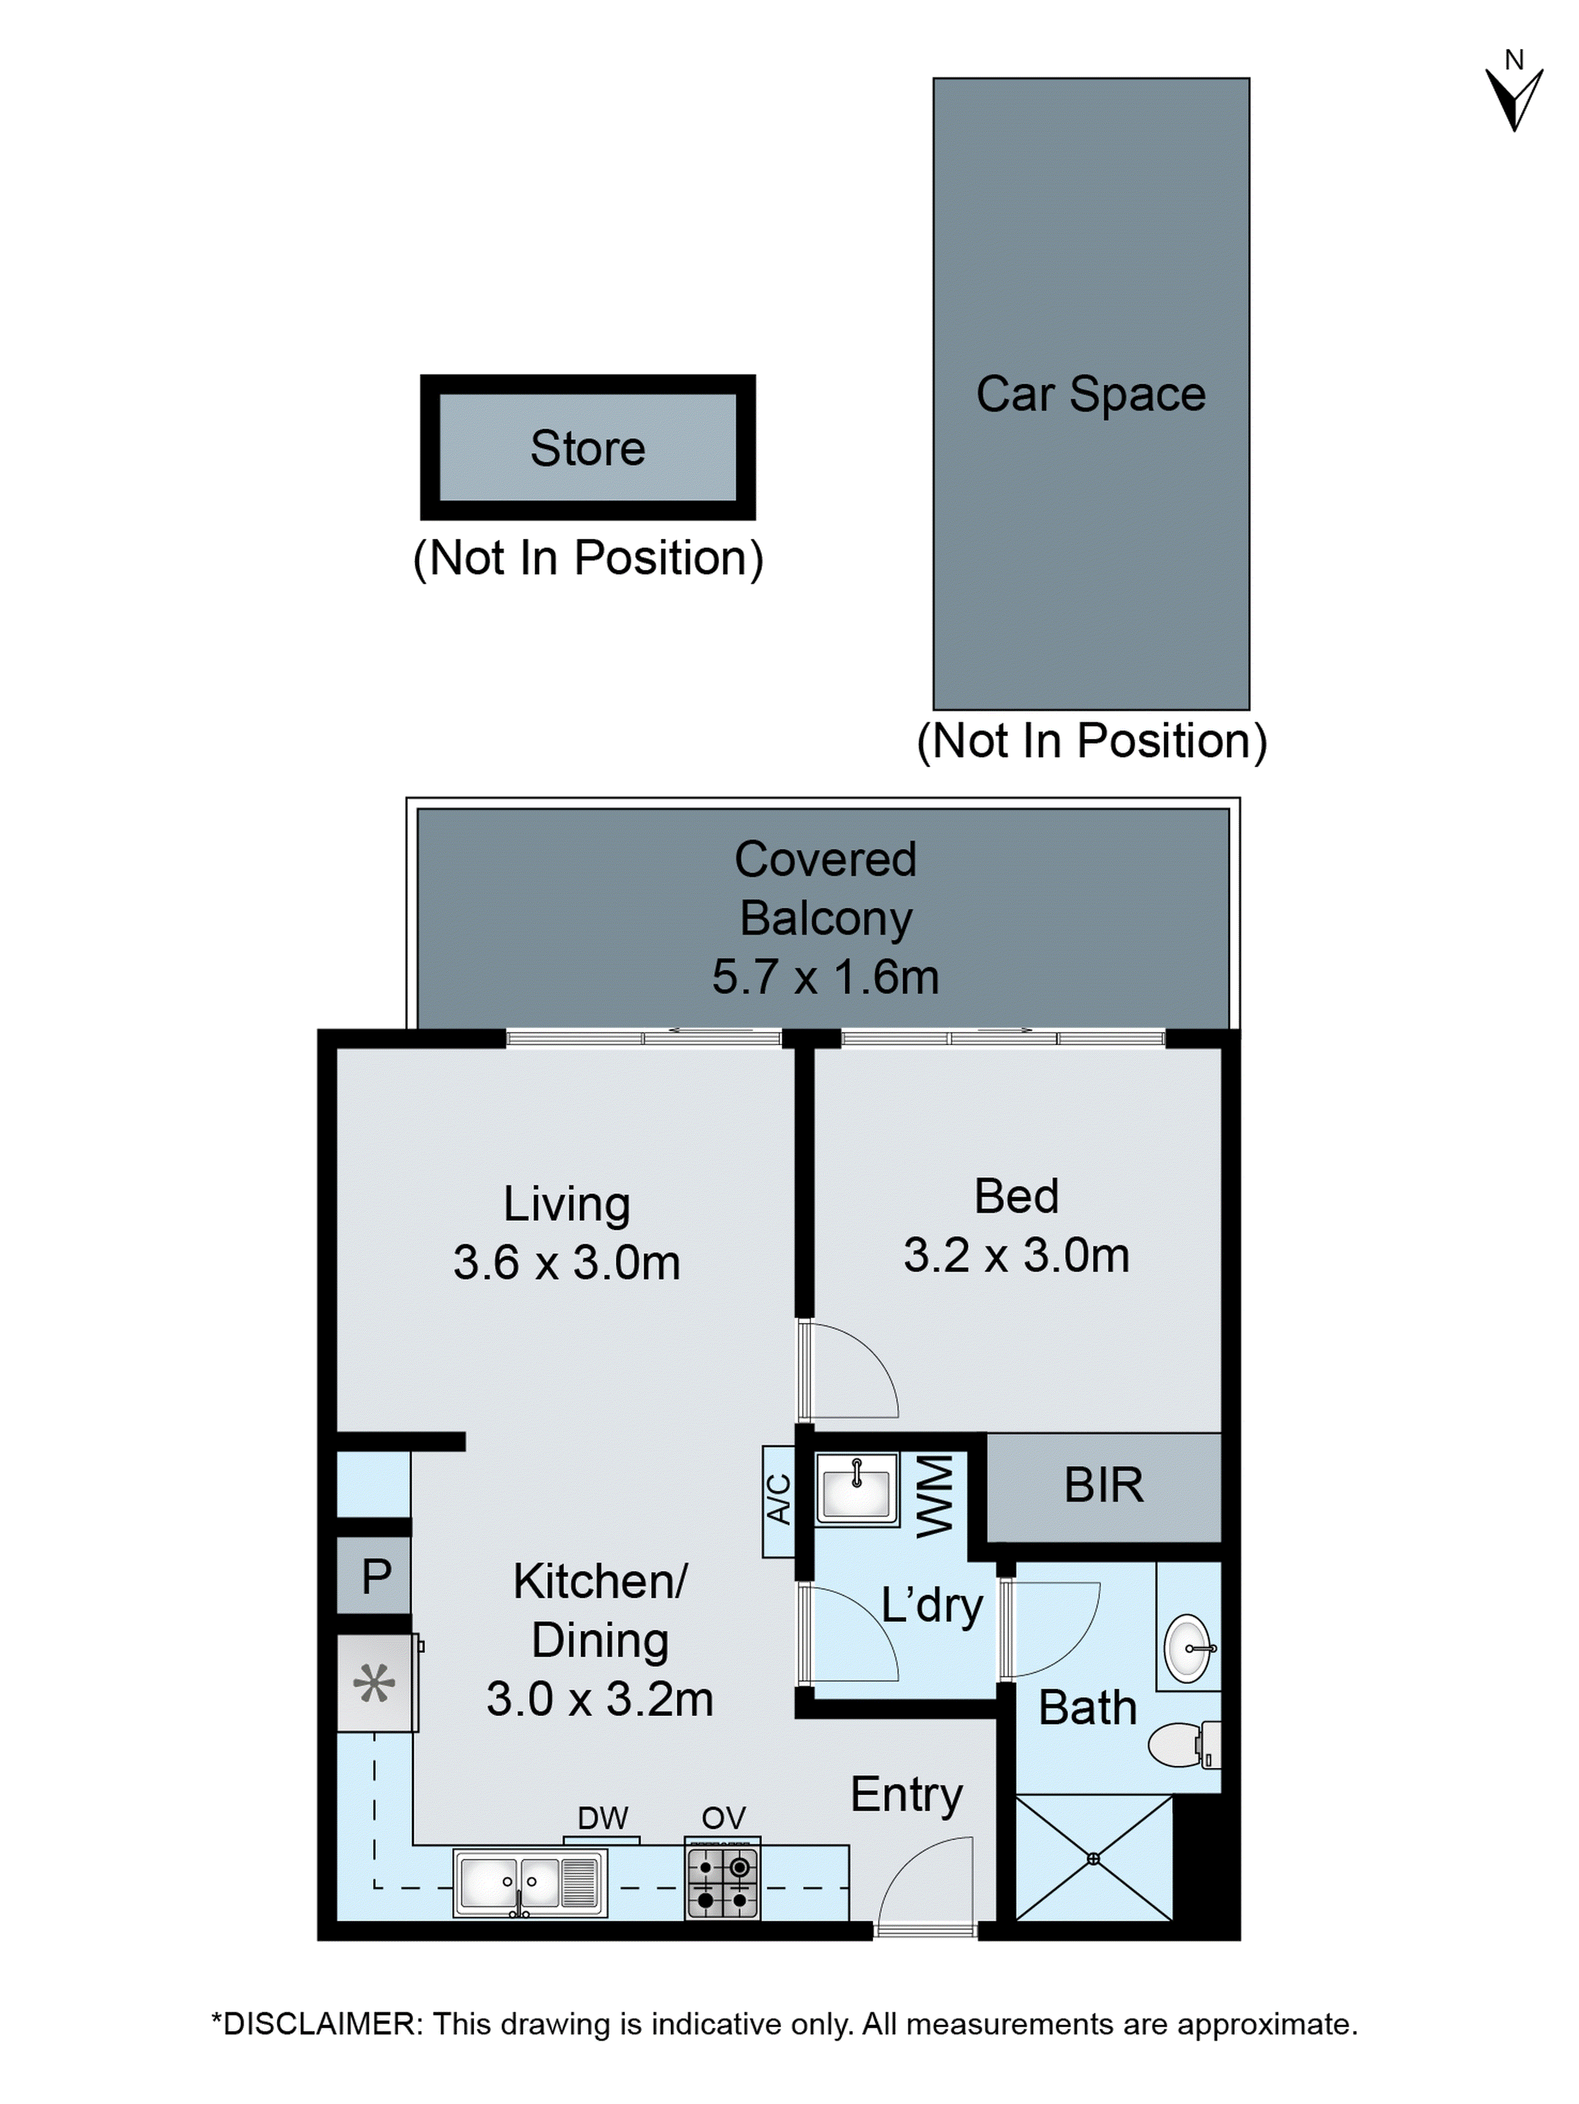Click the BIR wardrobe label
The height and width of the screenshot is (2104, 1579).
pos(1103,1486)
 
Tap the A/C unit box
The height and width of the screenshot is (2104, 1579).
pos(778,1501)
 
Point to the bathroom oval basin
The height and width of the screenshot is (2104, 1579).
pos(1188,1648)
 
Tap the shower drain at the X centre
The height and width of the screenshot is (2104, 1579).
pos(1093,1859)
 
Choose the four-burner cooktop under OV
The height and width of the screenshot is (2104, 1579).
pos(722,1880)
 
